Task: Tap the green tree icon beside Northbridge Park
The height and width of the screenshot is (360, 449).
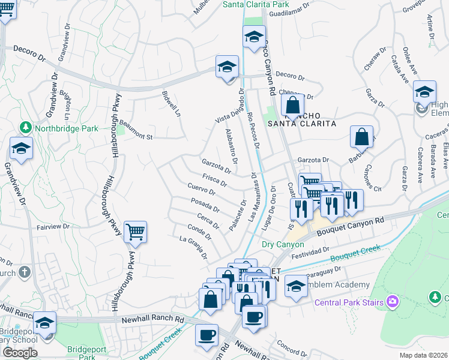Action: [x=25, y=128]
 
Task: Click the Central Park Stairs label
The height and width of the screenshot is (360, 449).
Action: [x=349, y=302]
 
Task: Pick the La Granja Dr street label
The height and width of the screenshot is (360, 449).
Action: [x=193, y=247]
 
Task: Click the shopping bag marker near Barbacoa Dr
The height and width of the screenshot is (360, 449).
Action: [x=362, y=137]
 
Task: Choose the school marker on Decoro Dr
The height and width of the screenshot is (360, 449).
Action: [x=228, y=67]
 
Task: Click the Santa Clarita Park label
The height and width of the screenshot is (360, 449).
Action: [x=256, y=4]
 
